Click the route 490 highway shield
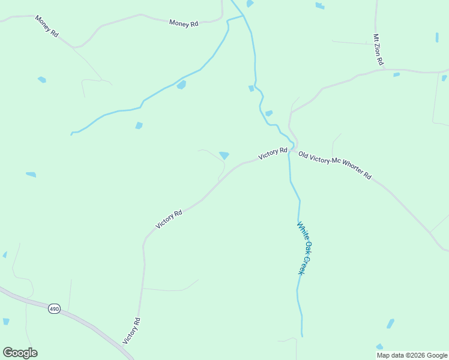point(54,308)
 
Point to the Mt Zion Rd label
point(378,50)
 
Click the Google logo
point(20,353)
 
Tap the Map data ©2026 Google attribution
point(412,355)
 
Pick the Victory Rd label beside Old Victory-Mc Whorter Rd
point(273,153)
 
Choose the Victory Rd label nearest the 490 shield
point(131,331)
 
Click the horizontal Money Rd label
point(184,23)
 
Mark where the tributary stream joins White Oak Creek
point(244,15)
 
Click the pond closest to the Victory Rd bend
point(224,155)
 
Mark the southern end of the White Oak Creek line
point(302,336)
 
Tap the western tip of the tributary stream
point(71,134)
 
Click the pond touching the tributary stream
point(181,85)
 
